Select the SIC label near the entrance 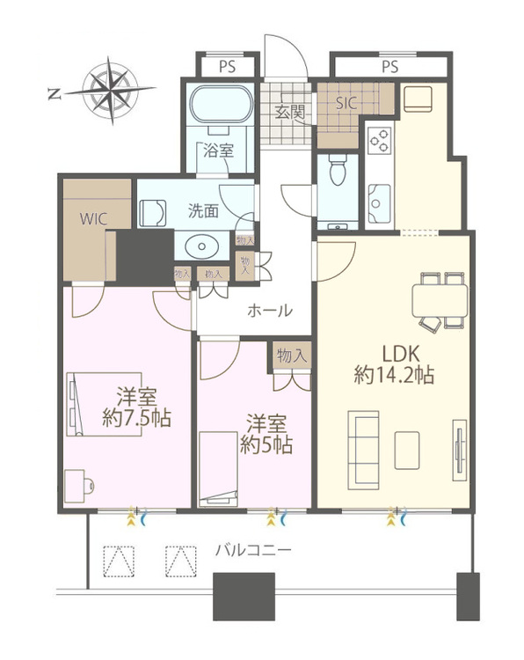click(346, 102)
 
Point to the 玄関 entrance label click(288, 112)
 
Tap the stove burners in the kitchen click(381, 139)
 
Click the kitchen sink click(379, 201)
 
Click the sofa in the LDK click(362, 450)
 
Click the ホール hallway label click(269, 311)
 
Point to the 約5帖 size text click(267, 444)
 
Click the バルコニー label click(253, 552)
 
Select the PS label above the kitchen click(390, 66)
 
